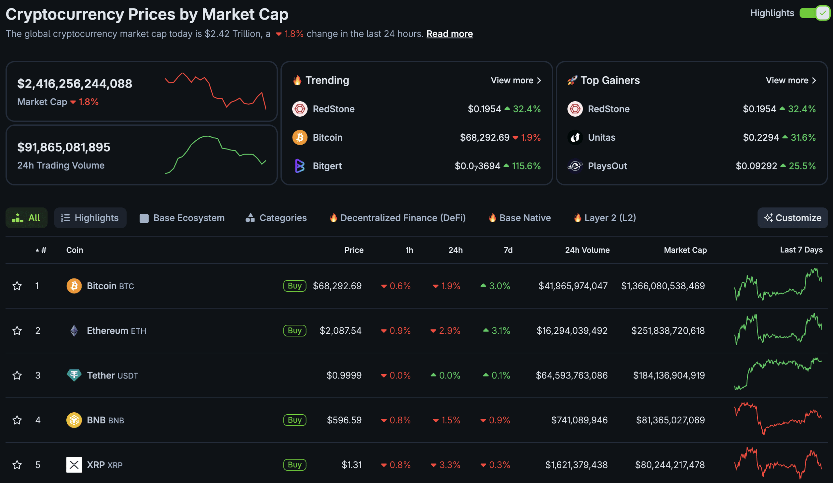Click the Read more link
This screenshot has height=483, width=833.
[x=449, y=34]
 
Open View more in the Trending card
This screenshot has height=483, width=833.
[x=515, y=80]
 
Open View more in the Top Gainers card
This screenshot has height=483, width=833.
[x=790, y=80]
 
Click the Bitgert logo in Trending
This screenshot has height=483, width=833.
[x=299, y=166]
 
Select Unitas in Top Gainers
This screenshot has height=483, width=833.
[x=601, y=137]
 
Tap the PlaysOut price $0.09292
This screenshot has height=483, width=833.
[x=756, y=166]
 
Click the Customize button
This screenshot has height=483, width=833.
[x=792, y=218]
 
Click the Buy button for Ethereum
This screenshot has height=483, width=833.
[x=294, y=331]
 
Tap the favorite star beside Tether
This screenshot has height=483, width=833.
[x=17, y=376]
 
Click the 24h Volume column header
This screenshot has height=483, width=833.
[x=587, y=250]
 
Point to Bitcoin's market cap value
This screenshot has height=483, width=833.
[x=663, y=286]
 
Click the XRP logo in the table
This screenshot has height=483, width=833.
[x=74, y=465]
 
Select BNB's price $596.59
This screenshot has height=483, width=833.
[x=344, y=420]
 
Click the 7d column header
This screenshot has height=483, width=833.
[x=508, y=250]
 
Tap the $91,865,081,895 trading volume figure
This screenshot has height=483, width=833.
[x=63, y=147]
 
